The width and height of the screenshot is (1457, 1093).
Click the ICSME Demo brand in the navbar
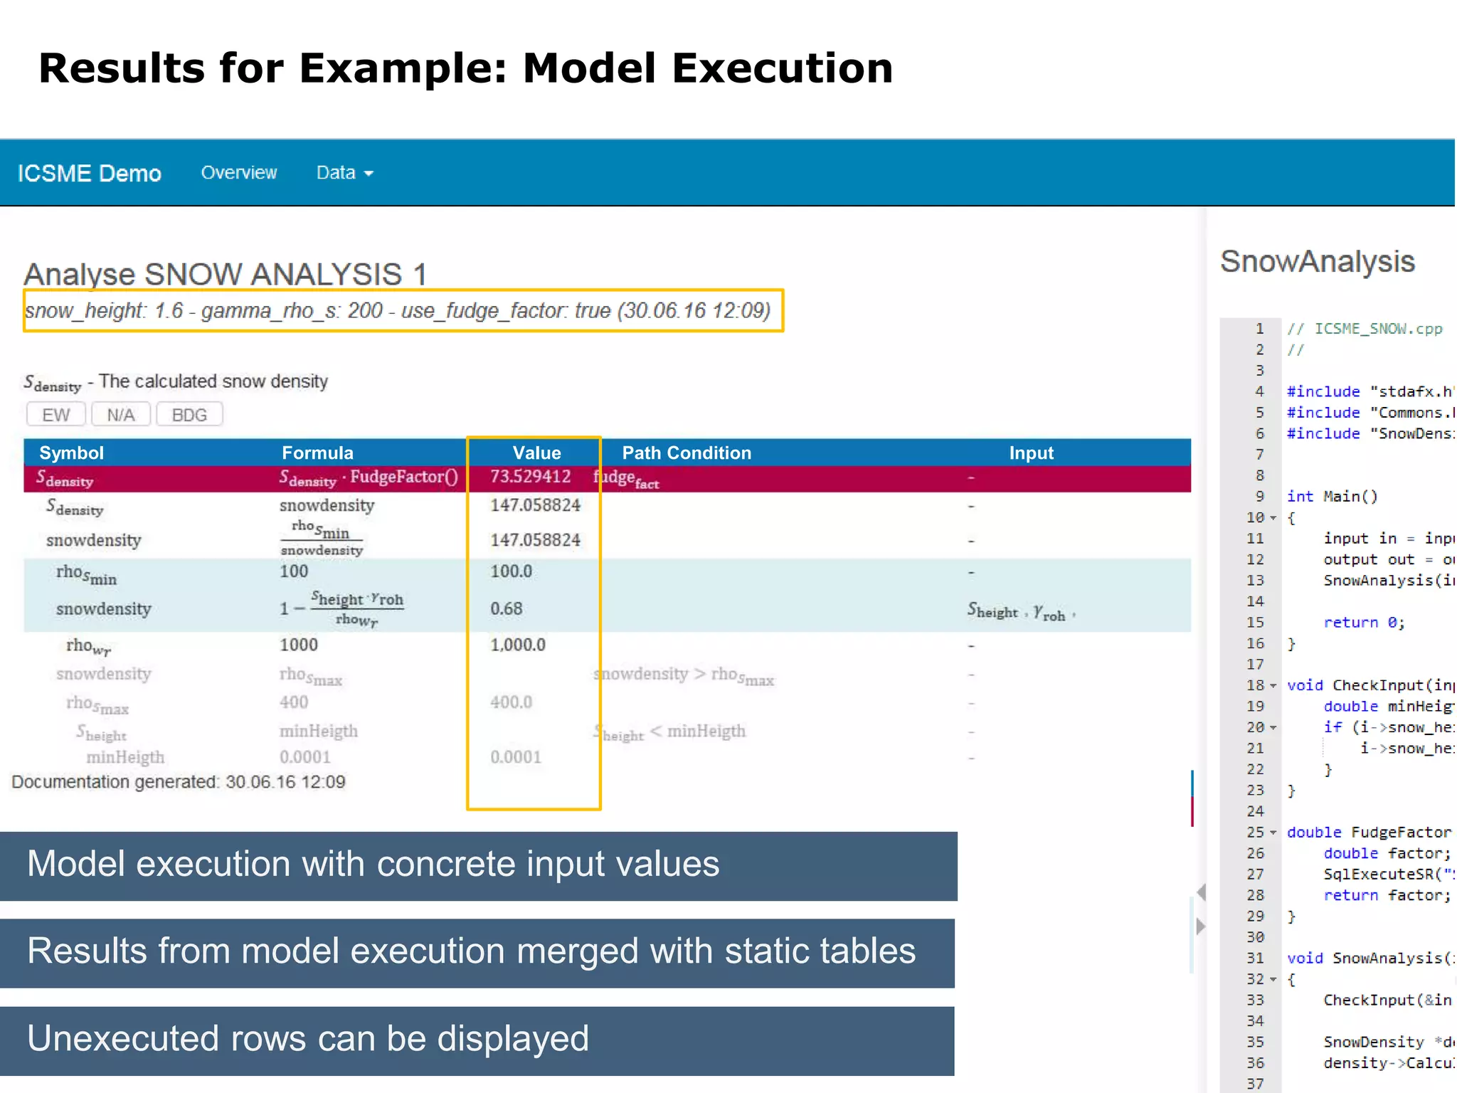[x=90, y=173]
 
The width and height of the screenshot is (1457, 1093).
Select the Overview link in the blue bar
[x=239, y=172]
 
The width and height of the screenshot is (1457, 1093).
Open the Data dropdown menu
[x=344, y=172]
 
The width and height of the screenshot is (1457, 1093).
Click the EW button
[x=55, y=414]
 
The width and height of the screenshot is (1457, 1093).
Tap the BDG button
[x=189, y=414]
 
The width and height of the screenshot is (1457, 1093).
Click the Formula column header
[x=317, y=453]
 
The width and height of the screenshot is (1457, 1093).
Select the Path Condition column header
[x=687, y=453]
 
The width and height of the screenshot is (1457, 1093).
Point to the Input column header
[x=1031, y=453]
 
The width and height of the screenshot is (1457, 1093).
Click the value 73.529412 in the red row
[x=531, y=477]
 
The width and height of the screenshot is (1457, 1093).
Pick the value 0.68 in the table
[x=507, y=608]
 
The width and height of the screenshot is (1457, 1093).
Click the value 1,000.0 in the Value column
[x=518, y=645]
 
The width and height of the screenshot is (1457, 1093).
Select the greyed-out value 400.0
[x=512, y=702]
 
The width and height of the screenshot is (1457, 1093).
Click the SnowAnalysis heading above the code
[x=1318, y=261]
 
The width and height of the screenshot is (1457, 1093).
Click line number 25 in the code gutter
[x=1255, y=832]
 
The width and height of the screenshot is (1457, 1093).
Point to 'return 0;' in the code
[x=1364, y=623]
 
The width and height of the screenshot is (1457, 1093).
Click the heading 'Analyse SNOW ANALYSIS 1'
[x=226, y=274]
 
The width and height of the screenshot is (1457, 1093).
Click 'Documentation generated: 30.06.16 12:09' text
[x=179, y=782]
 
